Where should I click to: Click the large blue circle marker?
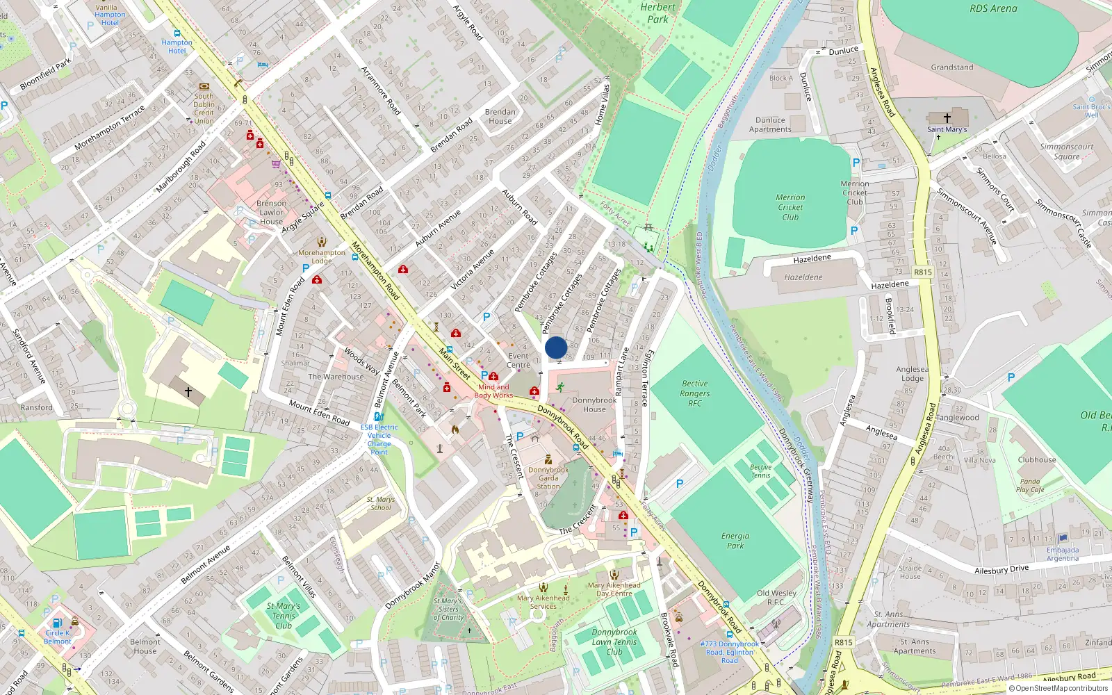[556, 347]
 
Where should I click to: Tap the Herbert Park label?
[657, 13]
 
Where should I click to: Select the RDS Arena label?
[993, 8]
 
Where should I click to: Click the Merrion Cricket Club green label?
[790, 207]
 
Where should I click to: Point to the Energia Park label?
[735, 541]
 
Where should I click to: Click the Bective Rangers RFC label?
[695, 393]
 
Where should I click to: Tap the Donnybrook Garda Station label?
[548, 478]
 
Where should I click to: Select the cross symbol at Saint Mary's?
[947, 118]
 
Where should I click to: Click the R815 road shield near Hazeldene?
[923, 272]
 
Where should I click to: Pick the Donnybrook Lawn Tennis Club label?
[614, 641]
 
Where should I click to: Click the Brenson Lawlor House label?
[271, 212]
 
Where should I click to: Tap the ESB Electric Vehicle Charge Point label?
[379, 439]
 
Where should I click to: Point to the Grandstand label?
[952, 67]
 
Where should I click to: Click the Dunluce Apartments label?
[770, 124]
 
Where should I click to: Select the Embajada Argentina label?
[1063, 554]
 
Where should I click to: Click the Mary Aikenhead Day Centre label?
[614, 589]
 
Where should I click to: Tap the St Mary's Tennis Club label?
[284, 616]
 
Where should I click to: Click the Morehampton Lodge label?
[322, 256]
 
